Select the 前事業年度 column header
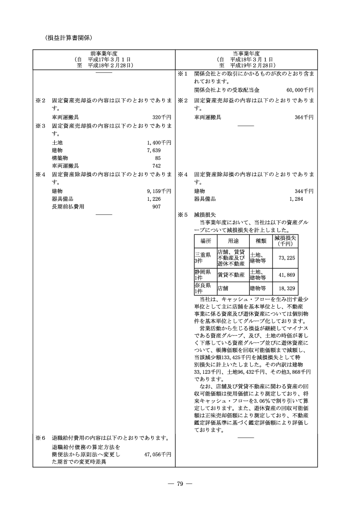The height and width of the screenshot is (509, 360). click(104, 53)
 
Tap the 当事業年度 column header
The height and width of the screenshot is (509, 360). click(246, 53)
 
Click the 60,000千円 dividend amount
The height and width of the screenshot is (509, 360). click(300, 90)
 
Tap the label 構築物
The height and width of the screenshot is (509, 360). click(60, 158)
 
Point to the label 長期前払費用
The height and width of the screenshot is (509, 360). click(68, 207)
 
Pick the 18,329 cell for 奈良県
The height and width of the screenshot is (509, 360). click(285, 288)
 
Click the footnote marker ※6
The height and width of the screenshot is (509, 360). click(41, 438)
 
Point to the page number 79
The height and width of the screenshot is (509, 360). click(180, 484)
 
